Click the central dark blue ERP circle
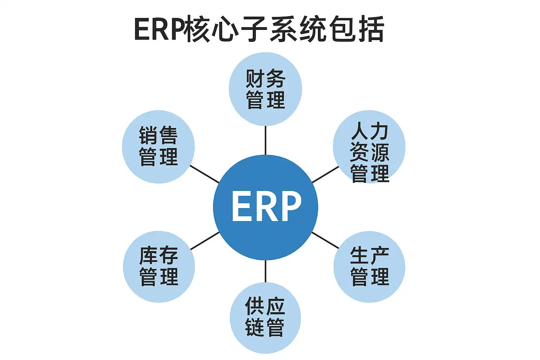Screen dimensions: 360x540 (x=265, y=207)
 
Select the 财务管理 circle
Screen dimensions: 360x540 (x=265, y=89)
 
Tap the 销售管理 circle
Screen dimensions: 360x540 (x=158, y=147)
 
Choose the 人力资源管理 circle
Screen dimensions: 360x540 (x=369, y=147)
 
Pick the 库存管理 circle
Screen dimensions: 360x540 (x=159, y=266)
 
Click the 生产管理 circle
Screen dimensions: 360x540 (x=369, y=266)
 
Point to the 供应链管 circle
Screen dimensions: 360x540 (x=265, y=317)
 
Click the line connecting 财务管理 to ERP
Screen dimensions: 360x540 (x=265, y=140)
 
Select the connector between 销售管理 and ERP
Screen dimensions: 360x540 (x=205, y=174)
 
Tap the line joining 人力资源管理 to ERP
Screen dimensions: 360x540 (x=326, y=174)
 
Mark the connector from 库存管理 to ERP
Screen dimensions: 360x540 (x=205, y=241)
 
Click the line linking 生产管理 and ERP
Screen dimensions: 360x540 (x=326, y=240)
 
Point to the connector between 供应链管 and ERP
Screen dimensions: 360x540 (x=265, y=271)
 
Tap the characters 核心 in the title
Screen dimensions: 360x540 (x=211, y=30)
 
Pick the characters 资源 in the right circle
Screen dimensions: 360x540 (x=369, y=152)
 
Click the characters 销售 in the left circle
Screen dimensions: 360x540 (x=158, y=135)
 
